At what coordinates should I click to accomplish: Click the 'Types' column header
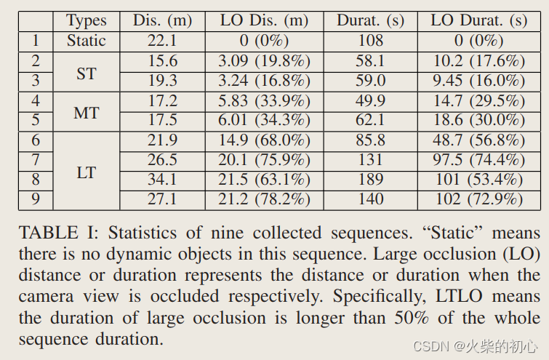tap(86, 20)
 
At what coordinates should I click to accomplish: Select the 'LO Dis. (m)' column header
tap(265, 20)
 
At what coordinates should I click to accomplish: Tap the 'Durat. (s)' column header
tap(371, 20)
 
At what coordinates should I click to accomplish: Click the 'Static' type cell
tap(86, 41)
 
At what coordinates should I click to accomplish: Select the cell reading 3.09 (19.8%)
tap(265, 62)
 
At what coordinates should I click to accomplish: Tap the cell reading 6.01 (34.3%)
tap(265, 120)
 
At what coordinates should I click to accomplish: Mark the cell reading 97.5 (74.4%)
tap(477, 160)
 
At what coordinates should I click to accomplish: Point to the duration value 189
tap(371, 180)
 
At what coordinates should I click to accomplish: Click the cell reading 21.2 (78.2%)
tap(265, 199)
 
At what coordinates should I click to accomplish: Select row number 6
tap(36, 140)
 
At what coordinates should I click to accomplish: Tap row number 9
tap(36, 199)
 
